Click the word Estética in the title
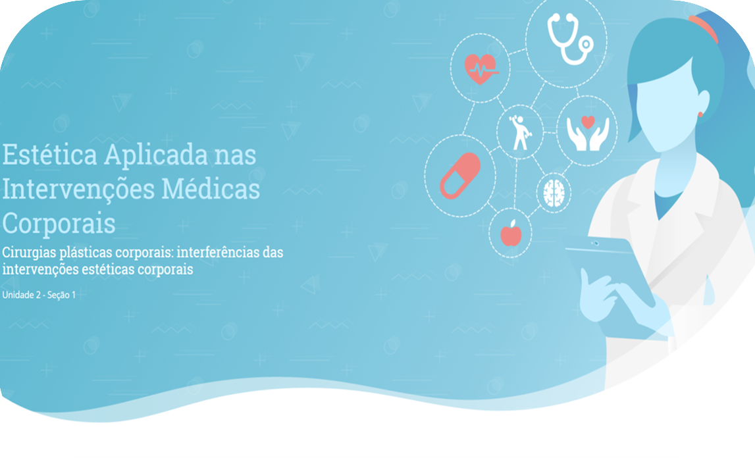49,155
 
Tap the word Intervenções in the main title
78,189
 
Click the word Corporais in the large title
59,224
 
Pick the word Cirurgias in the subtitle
29,253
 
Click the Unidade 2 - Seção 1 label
39,295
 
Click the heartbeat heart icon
480,68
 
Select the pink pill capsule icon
460,176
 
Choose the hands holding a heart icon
587,133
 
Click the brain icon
554,193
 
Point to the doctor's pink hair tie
704,27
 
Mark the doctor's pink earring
700,114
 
